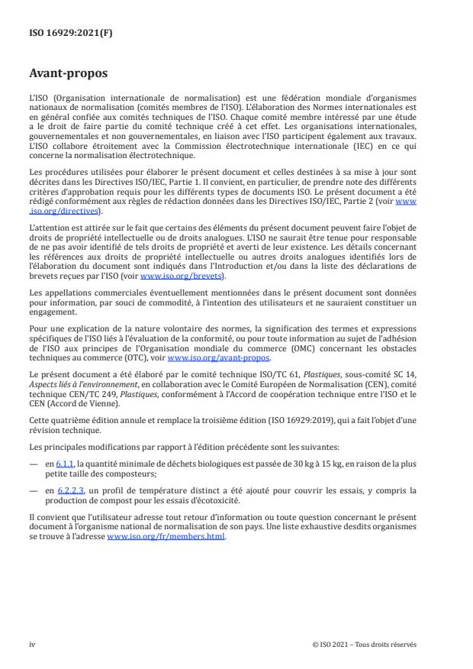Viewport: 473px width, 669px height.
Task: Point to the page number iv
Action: coord(32,645)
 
